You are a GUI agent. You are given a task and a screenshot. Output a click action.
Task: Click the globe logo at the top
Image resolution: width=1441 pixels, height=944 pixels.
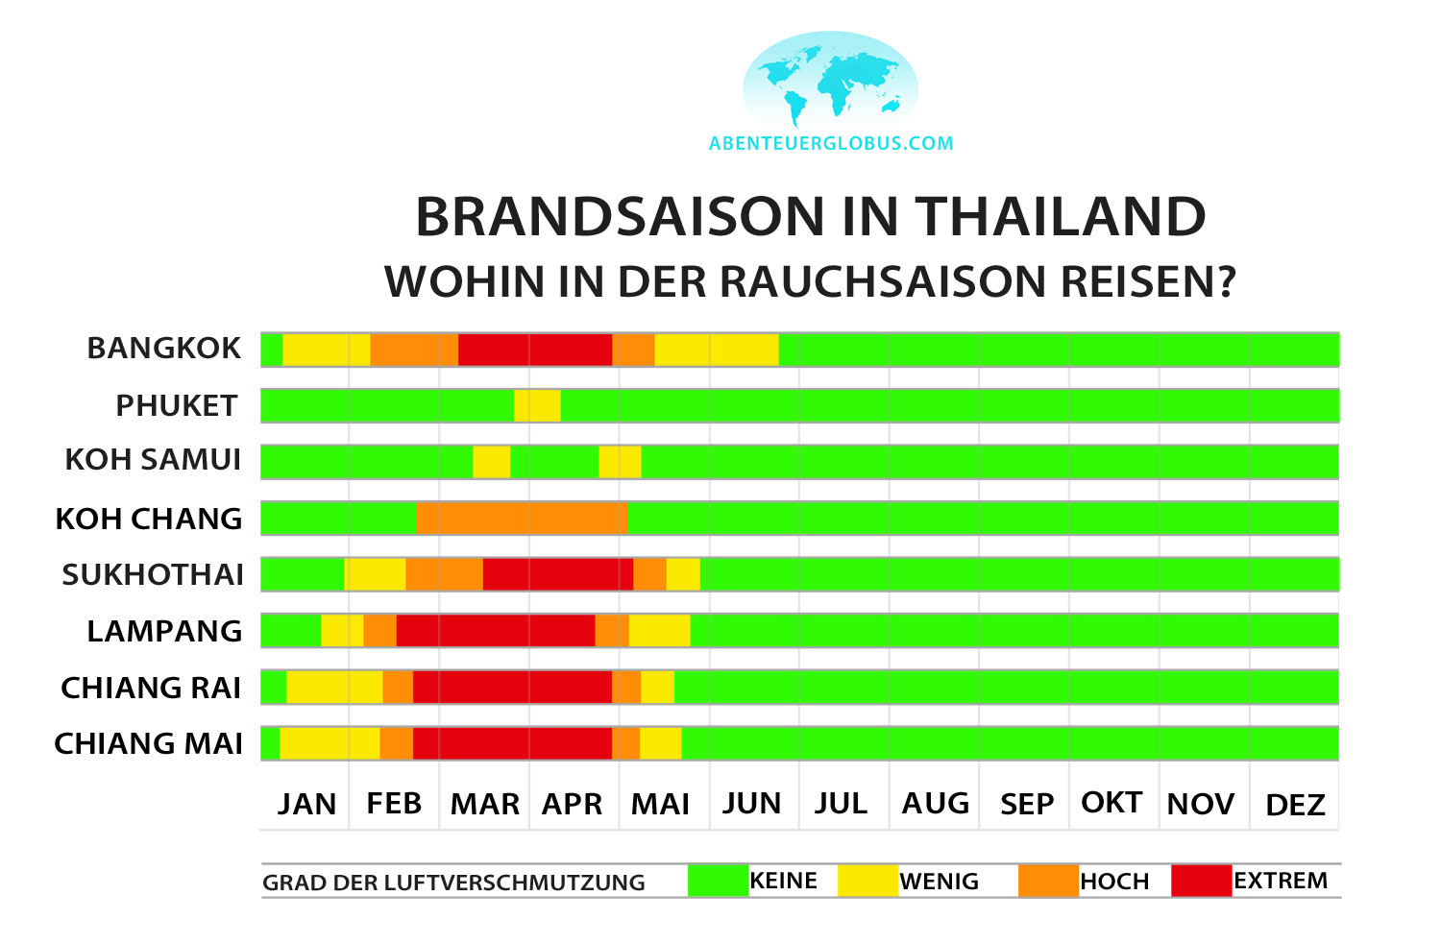pyautogui.click(x=830, y=81)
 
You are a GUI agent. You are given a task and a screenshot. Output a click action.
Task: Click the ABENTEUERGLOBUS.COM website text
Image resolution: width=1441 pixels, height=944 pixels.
pyautogui.click(x=831, y=144)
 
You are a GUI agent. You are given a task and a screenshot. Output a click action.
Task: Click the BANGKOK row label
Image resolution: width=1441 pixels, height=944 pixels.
pyautogui.click(x=163, y=348)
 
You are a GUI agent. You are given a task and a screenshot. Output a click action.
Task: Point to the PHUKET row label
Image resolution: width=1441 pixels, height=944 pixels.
pyautogui.click(x=177, y=405)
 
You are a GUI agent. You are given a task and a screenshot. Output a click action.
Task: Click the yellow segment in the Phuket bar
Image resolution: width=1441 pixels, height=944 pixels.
pyautogui.click(x=537, y=405)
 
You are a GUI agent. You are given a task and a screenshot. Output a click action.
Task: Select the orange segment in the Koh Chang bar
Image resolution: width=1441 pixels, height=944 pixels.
pyautogui.click(x=522, y=519)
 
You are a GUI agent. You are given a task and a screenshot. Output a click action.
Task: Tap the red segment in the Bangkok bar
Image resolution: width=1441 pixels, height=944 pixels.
pyautogui.click(x=535, y=350)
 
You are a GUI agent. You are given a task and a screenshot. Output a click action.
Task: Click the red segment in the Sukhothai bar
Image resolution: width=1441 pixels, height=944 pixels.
pyautogui.click(x=557, y=574)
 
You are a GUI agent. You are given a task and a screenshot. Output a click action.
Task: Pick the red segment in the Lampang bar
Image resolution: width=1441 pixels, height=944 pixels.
pyautogui.click(x=496, y=631)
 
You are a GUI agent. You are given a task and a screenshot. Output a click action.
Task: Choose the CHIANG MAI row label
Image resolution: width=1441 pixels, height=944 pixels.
pyautogui.click(x=149, y=743)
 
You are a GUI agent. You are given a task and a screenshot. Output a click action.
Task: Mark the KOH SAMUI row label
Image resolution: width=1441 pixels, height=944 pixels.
pyautogui.click(x=153, y=460)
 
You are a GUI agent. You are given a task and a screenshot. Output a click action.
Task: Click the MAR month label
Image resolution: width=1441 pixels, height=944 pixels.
pyautogui.click(x=485, y=804)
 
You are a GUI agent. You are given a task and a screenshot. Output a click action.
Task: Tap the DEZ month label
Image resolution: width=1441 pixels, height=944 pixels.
pyautogui.click(x=1295, y=805)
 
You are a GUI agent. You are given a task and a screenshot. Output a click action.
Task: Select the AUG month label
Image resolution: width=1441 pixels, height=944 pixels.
pyautogui.click(x=935, y=804)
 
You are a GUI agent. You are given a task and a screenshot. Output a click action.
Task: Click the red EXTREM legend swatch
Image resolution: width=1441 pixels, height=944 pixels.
pyautogui.click(x=1201, y=881)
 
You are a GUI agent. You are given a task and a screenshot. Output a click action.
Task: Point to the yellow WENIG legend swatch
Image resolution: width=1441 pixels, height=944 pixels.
pyautogui.click(x=867, y=881)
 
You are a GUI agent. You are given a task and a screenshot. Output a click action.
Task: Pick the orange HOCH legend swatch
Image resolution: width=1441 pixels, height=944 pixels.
pyautogui.click(x=1048, y=881)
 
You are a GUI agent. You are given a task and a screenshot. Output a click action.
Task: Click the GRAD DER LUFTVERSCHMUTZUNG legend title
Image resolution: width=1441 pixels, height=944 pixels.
pyautogui.click(x=453, y=883)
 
